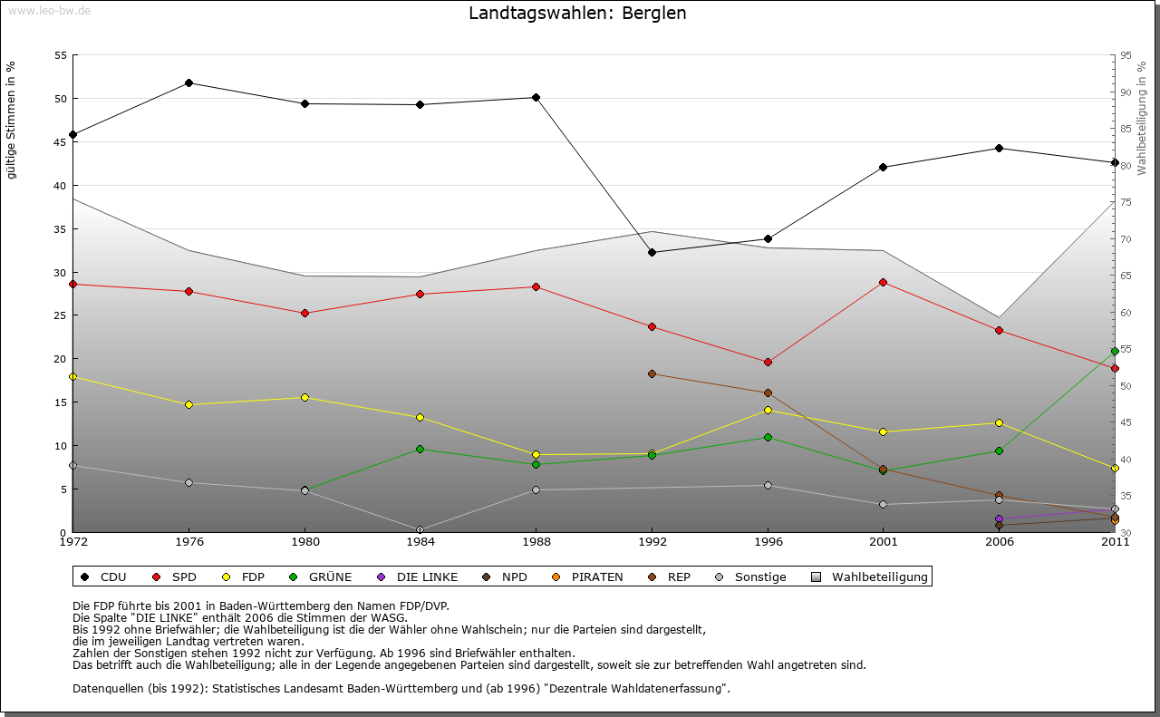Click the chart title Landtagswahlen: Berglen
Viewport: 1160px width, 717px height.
[577, 14]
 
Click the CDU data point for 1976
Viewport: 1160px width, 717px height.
[188, 82]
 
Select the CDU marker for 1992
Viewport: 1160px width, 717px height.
[652, 252]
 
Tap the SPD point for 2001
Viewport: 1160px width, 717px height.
[883, 282]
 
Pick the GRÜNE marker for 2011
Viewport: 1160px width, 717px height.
[1115, 351]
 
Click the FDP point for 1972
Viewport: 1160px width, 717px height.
[72, 376]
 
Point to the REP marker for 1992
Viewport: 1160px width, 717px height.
[652, 373]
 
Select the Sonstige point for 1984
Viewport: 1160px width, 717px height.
[420, 529]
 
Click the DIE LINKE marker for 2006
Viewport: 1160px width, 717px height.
[999, 519]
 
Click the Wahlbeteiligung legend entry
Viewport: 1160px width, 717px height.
[869, 577]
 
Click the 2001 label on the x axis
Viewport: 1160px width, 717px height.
[883, 542]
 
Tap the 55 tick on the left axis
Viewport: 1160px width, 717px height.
[61, 55]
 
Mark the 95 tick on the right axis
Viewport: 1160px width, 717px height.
[1126, 55]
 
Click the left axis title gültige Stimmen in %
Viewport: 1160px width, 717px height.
[12, 120]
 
